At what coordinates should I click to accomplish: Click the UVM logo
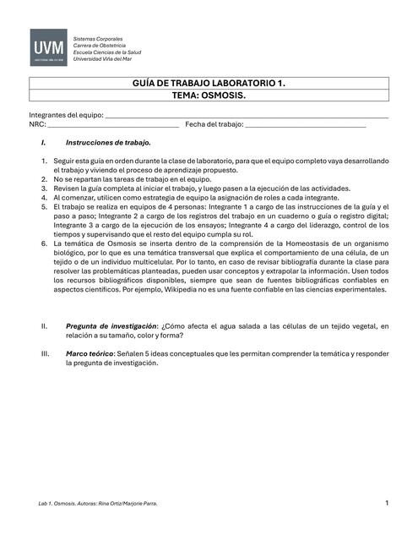point(49,48)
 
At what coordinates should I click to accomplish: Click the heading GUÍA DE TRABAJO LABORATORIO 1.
point(209,84)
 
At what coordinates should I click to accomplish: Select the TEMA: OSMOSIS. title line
point(209,96)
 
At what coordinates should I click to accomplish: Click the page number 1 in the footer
point(386,504)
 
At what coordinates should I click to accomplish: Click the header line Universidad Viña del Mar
point(108,59)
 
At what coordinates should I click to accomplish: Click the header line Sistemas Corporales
point(98,39)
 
